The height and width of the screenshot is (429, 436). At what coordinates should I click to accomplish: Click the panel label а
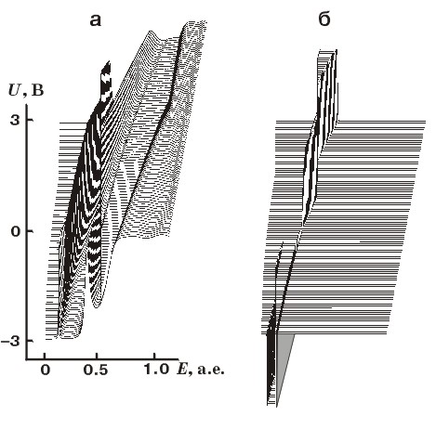(95, 20)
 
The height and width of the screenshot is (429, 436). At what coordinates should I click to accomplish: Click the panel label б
(324, 19)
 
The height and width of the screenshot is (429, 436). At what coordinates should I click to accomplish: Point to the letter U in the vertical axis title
(14, 90)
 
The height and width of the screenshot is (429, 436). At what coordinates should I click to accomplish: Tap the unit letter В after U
(37, 91)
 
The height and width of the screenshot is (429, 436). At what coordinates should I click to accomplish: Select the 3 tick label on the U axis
(15, 120)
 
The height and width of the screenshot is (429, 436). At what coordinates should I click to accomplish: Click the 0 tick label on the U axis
(15, 231)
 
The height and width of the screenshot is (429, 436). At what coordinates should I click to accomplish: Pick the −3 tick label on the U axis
(10, 341)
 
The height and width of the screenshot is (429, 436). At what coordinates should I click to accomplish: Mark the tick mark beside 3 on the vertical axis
(30, 120)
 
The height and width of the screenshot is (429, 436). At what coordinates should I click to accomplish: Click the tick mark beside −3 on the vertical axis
(30, 341)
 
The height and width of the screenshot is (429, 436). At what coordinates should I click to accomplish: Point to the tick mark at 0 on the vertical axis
(30, 231)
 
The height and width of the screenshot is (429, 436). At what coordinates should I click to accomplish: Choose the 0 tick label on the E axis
(46, 370)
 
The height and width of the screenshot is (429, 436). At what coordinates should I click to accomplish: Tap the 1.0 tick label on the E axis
(156, 370)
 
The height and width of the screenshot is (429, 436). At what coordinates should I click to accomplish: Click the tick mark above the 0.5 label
(98, 356)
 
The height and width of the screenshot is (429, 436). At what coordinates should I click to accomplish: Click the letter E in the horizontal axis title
(181, 370)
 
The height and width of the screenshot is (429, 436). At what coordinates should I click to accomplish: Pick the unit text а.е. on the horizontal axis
(210, 370)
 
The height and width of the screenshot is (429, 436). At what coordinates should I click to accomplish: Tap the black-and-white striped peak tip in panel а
(108, 62)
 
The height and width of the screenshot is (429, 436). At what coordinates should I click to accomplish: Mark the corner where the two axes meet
(27, 359)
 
